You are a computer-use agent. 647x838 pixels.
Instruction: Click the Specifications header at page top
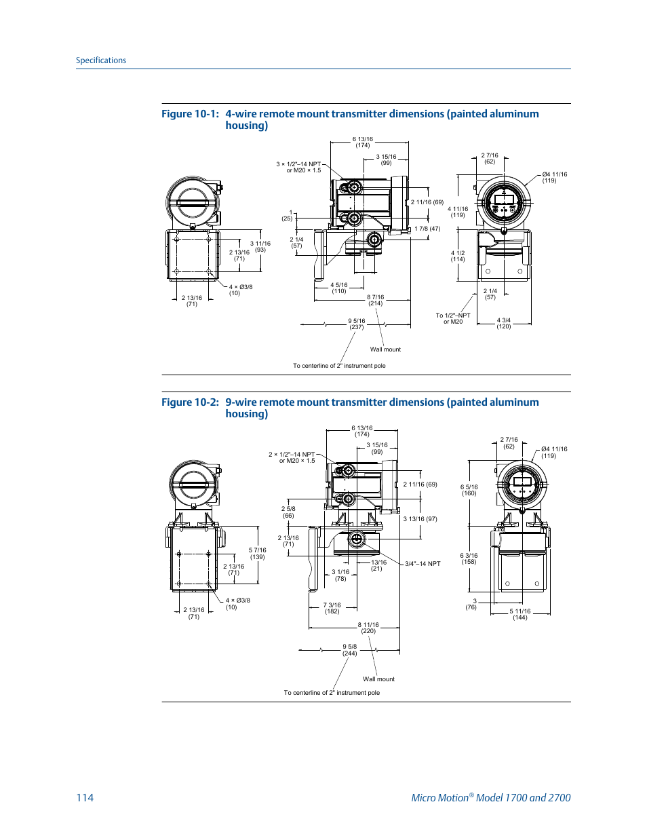[x=100, y=60]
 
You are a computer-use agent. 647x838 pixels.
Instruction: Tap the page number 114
[x=85, y=797]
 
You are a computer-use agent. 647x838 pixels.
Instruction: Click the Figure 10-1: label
[x=190, y=114]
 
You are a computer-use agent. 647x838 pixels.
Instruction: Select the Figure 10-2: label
[x=190, y=402]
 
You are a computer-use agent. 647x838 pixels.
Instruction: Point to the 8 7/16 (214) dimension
[x=375, y=301]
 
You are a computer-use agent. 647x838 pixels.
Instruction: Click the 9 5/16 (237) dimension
[x=357, y=324]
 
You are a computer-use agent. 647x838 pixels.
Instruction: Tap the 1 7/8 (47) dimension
[x=427, y=229]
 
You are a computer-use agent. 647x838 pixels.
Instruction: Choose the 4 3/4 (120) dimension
[x=503, y=324]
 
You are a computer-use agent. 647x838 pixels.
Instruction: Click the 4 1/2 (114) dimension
[x=458, y=256]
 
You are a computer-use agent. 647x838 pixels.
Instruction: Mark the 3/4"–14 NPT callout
[x=423, y=564]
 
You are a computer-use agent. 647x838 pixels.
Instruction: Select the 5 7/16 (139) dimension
[x=257, y=554]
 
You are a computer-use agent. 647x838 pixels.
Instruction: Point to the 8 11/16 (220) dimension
[x=368, y=628]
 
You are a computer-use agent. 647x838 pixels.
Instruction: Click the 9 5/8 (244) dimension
[x=349, y=650]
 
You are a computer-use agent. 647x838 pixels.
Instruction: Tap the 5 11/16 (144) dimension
[x=520, y=614]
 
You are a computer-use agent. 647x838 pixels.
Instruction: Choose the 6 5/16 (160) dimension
[x=469, y=490]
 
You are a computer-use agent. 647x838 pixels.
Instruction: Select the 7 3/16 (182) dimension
[x=332, y=608]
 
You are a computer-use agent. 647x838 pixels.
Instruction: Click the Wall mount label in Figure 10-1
[x=385, y=349]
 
